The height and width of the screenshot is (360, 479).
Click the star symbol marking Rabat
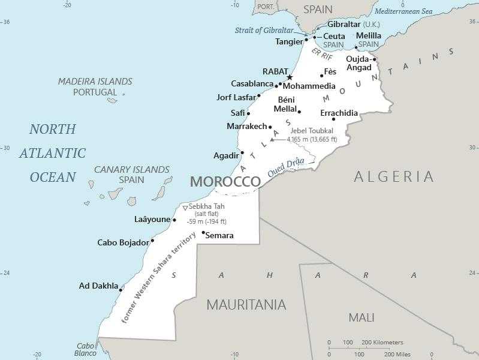tap(290, 77)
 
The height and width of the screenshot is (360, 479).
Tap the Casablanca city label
tap(252, 83)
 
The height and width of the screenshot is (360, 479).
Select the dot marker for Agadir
tap(242, 152)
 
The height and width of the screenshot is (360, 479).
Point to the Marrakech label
tap(246, 126)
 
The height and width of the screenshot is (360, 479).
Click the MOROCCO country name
tap(225, 182)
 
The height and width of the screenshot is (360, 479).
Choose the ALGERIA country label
tap(393, 176)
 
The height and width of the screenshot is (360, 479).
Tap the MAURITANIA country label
tap(246, 305)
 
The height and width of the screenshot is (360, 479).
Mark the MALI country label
tap(361, 317)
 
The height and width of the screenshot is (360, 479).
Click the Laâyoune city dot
tap(174, 220)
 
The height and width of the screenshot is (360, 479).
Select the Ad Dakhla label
tap(98, 286)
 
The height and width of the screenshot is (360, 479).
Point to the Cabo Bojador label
tap(123, 242)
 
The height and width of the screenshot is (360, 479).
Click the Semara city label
tap(219, 235)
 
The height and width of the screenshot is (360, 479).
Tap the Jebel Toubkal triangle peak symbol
tap(272, 139)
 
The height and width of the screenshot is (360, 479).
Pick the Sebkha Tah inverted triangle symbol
tap(185, 208)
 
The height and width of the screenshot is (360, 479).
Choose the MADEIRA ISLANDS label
tap(95, 82)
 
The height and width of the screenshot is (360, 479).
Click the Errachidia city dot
tap(334, 119)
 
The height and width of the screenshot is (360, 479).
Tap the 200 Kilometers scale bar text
tap(381, 342)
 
